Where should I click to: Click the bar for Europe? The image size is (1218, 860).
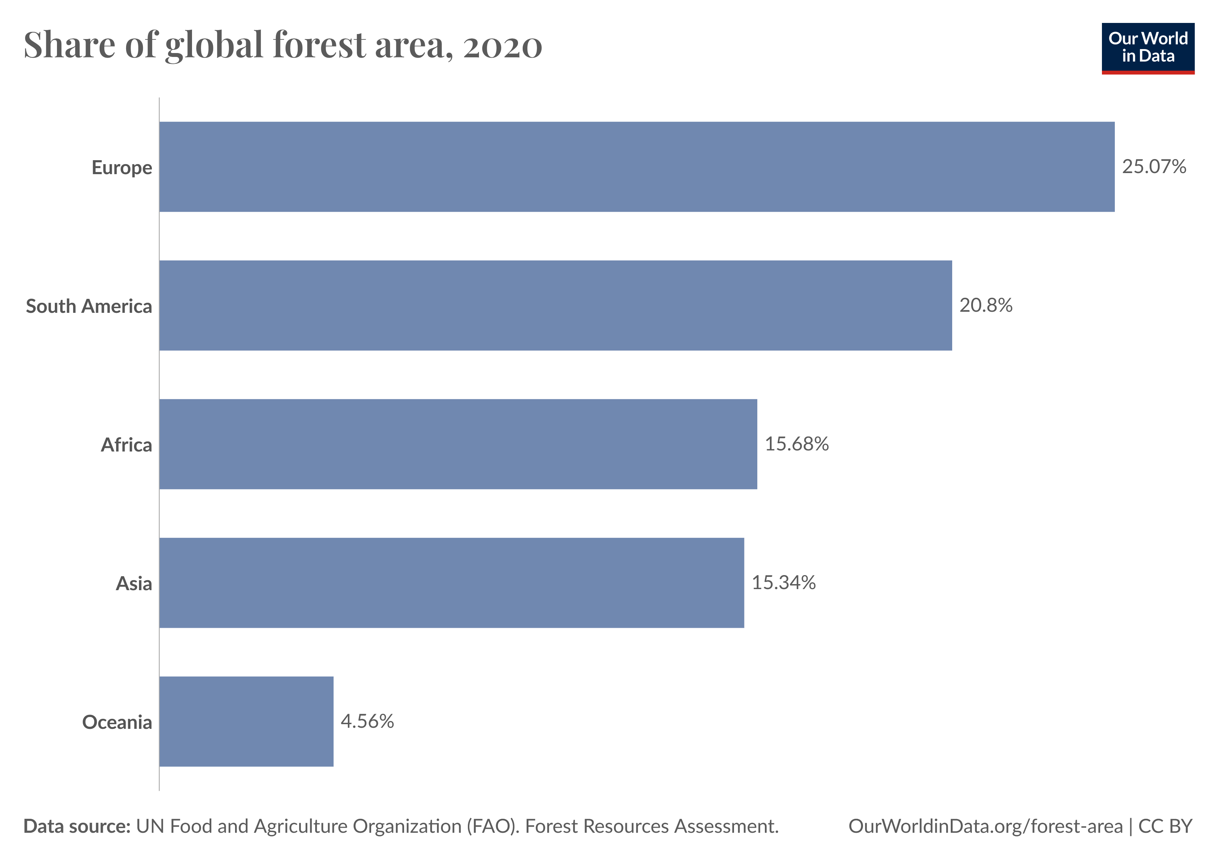click(x=637, y=167)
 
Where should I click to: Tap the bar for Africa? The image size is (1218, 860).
click(x=458, y=444)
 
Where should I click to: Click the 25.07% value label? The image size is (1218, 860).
click(x=1154, y=167)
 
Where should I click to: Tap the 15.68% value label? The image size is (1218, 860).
click(x=797, y=444)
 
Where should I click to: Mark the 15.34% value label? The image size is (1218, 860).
click(x=783, y=583)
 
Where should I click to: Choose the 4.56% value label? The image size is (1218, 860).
click(x=367, y=722)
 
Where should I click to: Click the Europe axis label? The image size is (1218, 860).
click(x=122, y=168)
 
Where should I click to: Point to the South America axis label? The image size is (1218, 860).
click(x=89, y=306)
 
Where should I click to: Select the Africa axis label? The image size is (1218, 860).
click(x=127, y=445)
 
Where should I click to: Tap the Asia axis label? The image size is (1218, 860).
click(x=134, y=584)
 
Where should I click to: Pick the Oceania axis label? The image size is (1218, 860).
click(x=117, y=722)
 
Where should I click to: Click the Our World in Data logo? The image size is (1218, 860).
click(x=1148, y=48)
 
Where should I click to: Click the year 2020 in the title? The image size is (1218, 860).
click(x=503, y=47)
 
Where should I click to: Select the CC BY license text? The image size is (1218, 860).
click(x=1165, y=826)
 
